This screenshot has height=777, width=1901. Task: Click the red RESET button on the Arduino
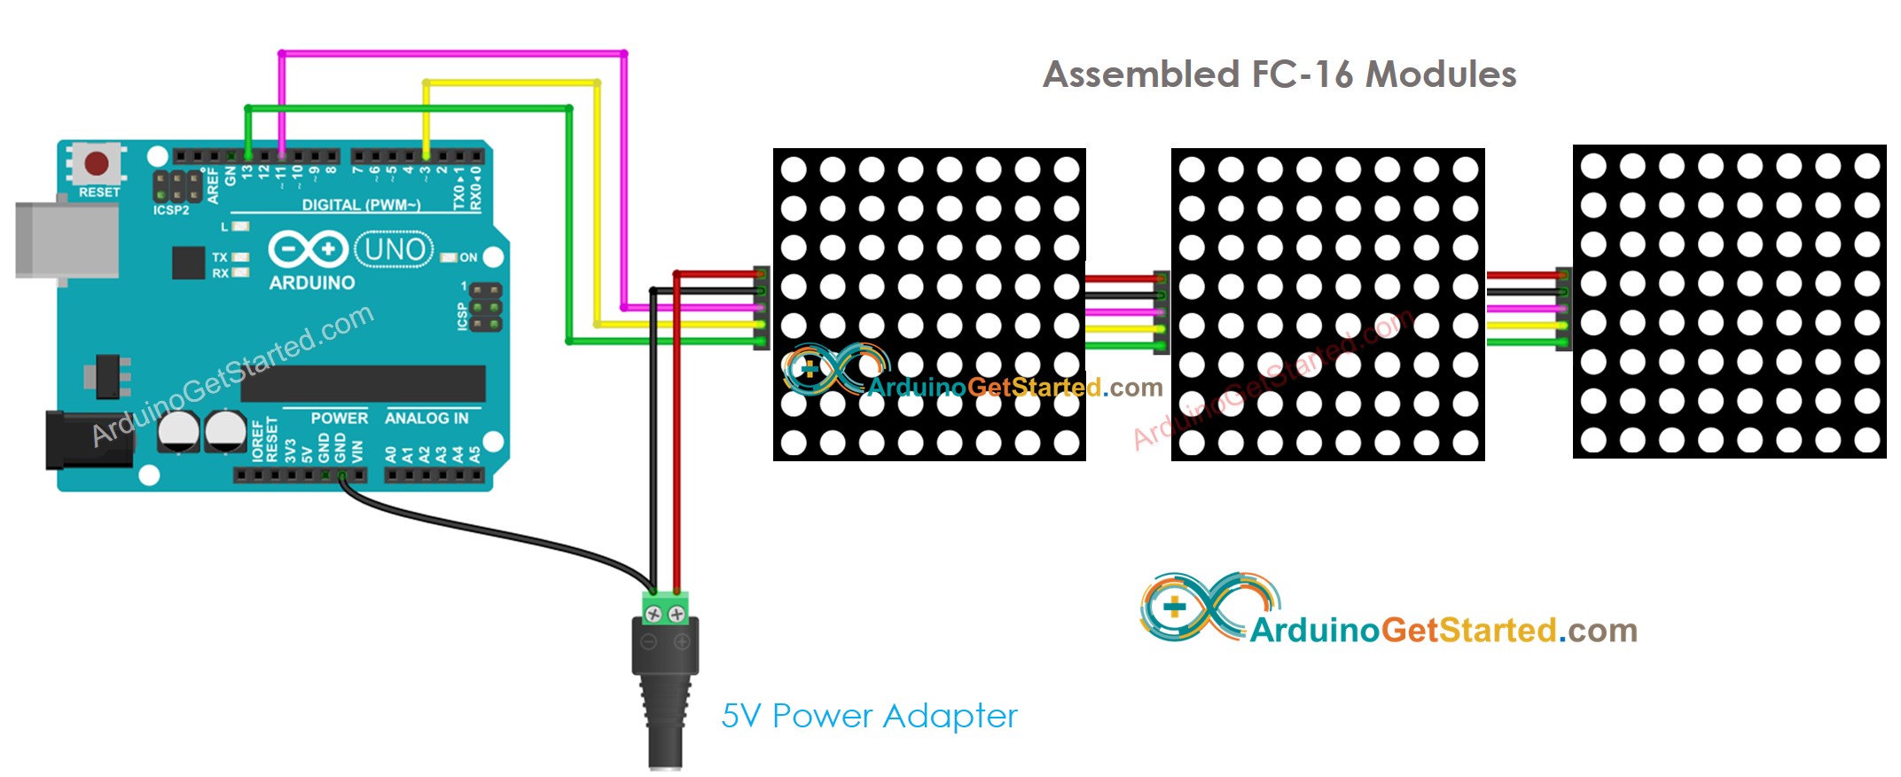tap(96, 163)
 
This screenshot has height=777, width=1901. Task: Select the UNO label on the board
tap(395, 249)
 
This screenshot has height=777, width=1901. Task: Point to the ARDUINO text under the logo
tap(312, 283)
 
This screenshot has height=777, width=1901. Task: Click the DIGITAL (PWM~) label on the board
tap(361, 205)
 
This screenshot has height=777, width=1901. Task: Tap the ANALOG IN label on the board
tap(426, 418)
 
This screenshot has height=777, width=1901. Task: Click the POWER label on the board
tap(339, 418)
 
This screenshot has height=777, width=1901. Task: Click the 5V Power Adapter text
tap(869, 716)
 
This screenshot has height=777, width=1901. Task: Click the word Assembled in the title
tap(1141, 75)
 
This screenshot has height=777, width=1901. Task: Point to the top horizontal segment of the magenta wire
tap(452, 54)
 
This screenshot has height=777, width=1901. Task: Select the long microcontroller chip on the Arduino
tap(363, 383)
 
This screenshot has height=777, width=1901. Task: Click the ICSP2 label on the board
tap(171, 210)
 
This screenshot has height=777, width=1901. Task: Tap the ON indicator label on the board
tap(468, 257)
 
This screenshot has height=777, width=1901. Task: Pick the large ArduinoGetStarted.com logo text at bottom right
tap(1443, 631)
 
